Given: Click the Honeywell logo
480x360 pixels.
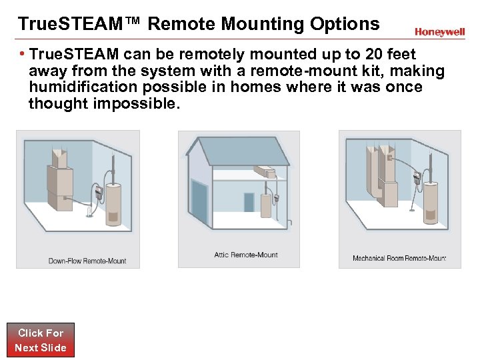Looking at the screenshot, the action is click(439, 32).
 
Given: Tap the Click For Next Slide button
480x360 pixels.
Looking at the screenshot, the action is click(41, 340).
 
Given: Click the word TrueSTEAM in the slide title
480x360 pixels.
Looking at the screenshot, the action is click(70, 23).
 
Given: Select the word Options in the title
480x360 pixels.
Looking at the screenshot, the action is click(345, 24).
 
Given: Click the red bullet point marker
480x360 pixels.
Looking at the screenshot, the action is click(22, 53).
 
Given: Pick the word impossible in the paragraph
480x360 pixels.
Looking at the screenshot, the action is click(137, 103).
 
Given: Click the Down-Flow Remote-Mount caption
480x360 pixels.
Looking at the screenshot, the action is click(87, 261).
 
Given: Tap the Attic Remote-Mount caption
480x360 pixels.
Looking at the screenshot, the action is click(246, 255).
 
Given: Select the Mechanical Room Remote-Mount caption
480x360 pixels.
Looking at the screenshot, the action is click(399, 258).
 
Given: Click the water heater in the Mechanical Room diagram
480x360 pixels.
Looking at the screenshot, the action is click(431, 202).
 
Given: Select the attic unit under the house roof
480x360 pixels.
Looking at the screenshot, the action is click(265, 172).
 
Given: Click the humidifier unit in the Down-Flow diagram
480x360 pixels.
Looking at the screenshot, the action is click(98, 192).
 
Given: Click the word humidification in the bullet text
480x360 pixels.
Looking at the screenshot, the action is click(83, 87).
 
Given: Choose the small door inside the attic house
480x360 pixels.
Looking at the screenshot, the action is click(249, 203).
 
